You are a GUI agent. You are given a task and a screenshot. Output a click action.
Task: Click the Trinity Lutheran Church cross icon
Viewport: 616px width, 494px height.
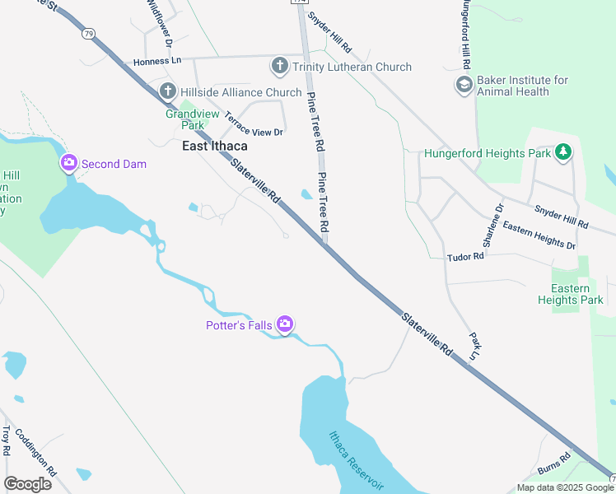(x=279, y=66)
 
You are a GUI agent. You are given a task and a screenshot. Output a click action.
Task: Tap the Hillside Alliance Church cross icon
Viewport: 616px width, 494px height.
(x=167, y=91)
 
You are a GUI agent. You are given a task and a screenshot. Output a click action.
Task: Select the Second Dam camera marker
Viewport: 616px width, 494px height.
(x=68, y=163)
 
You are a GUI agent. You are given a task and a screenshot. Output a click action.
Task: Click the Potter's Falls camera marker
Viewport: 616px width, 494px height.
(x=285, y=325)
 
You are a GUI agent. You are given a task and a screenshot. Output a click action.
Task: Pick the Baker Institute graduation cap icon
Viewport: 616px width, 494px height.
(x=464, y=85)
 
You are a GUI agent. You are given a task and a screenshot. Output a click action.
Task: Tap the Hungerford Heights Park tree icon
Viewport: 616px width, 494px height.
(x=563, y=151)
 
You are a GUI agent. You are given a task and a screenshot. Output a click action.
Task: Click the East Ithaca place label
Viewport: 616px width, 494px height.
(x=215, y=147)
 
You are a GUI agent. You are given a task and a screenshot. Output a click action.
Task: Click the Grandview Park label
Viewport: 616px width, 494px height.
(x=184, y=119)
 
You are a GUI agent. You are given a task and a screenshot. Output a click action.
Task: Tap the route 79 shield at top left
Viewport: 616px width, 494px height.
(x=88, y=34)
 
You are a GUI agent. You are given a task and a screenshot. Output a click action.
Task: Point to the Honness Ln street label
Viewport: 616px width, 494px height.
(x=152, y=62)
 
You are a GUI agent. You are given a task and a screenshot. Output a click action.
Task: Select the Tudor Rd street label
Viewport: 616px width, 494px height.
(x=465, y=257)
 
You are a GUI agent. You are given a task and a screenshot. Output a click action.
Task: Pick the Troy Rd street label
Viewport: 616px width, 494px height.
(x=7, y=440)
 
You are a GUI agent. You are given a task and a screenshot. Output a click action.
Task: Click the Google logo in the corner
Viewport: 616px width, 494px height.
(x=27, y=484)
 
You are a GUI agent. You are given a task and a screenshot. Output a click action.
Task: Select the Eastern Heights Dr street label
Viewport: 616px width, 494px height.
(x=539, y=235)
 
